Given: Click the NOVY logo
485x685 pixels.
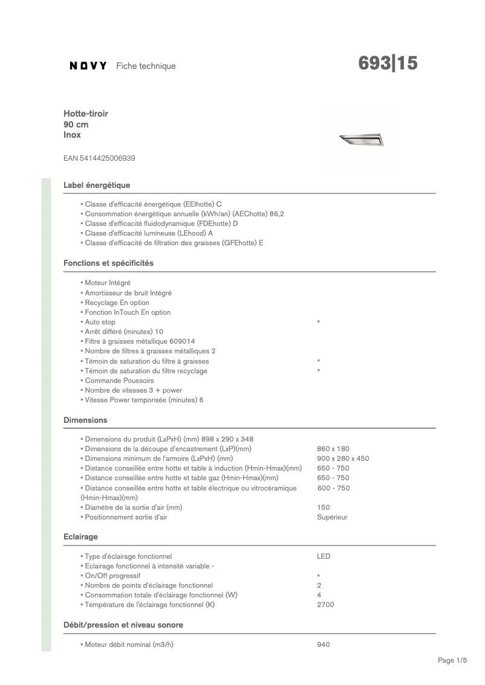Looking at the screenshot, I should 88,66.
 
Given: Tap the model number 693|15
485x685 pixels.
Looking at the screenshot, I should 388,63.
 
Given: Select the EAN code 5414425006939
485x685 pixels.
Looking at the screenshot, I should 99,158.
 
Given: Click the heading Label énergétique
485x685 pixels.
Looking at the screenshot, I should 97,185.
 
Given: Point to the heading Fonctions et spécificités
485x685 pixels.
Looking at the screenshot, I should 108,263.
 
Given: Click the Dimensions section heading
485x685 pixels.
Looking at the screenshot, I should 85,420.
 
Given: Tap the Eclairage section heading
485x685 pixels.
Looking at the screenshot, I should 80,536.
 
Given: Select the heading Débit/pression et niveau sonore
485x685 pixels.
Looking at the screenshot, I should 123,625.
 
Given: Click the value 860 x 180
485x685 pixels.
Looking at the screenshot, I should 333,449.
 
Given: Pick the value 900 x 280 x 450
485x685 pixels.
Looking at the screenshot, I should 343,458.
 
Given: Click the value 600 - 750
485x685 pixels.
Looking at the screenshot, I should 333,488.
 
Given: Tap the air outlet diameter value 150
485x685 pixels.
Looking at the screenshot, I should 324,507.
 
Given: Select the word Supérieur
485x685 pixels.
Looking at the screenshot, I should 332,517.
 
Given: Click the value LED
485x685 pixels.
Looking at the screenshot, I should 324,556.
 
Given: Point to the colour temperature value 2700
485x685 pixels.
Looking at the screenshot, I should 325,605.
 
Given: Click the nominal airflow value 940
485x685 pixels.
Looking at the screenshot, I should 324,645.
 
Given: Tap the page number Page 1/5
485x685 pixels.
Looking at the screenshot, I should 452,661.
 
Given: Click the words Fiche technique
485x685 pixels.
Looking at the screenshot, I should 146,66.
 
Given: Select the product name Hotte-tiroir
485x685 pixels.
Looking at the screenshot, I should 86,114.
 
